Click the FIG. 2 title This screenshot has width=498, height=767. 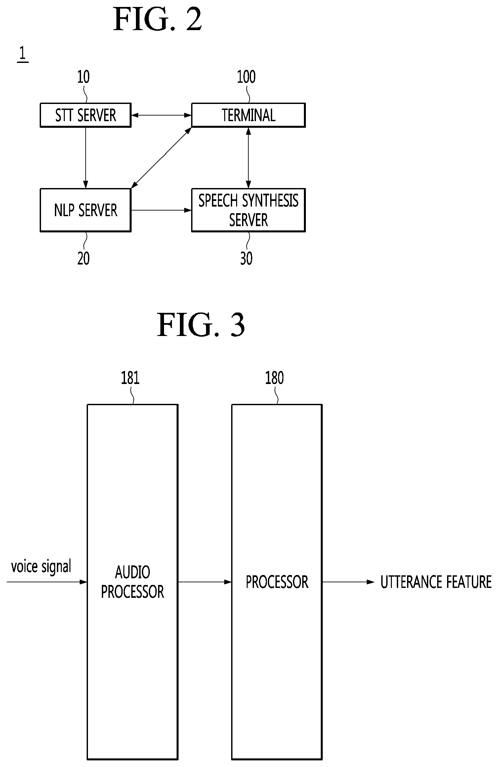[x=157, y=20]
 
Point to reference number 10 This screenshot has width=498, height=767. [x=83, y=77]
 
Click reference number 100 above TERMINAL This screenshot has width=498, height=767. [x=246, y=77]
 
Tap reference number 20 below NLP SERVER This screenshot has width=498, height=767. [x=83, y=258]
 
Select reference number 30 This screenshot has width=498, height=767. [x=246, y=258]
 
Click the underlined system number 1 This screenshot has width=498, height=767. [x=22, y=54]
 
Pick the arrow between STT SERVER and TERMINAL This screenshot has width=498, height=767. [x=161, y=115]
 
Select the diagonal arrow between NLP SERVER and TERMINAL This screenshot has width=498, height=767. [x=161, y=158]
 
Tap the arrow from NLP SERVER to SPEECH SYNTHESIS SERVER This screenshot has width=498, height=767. [x=161, y=210]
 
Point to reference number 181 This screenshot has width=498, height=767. [x=130, y=378]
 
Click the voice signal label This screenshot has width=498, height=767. [x=41, y=566]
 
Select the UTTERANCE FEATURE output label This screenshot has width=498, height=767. [x=436, y=582]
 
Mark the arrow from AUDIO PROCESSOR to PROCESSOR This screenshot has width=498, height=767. [x=205, y=582]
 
